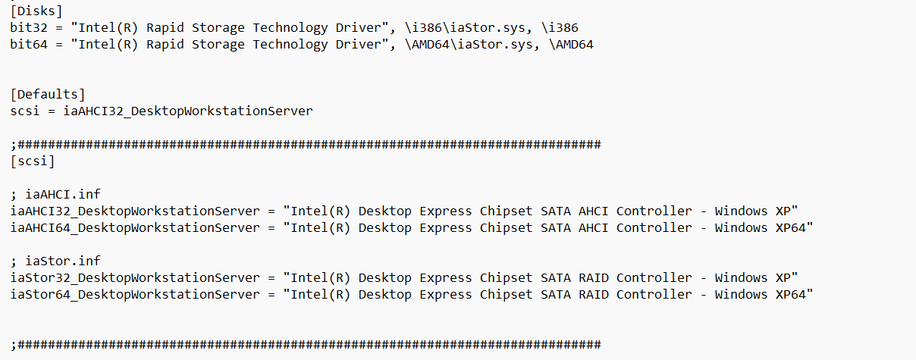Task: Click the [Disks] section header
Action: click(x=36, y=11)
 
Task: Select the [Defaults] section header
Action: click(x=48, y=95)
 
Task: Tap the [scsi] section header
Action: click(x=33, y=161)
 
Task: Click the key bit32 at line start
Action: click(x=29, y=28)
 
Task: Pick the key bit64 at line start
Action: click(x=29, y=45)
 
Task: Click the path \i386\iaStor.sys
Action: click(x=466, y=28)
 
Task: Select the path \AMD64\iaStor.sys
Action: click(x=469, y=45)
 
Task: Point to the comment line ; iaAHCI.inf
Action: click(x=55, y=194)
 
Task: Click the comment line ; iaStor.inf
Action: click(x=55, y=261)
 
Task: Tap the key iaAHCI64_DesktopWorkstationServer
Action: click(x=135, y=227)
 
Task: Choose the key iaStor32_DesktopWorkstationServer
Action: click(x=135, y=278)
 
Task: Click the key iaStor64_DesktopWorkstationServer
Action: click(x=135, y=295)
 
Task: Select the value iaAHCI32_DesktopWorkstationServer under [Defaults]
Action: click(x=188, y=111)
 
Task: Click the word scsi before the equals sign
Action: click(x=25, y=111)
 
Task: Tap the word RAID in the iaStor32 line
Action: click(x=594, y=278)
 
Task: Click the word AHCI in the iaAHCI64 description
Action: click(x=594, y=227)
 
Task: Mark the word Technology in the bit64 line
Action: click(x=290, y=45)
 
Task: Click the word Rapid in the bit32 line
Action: click(x=165, y=28)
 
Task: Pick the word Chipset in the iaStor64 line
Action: click(x=506, y=295)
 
